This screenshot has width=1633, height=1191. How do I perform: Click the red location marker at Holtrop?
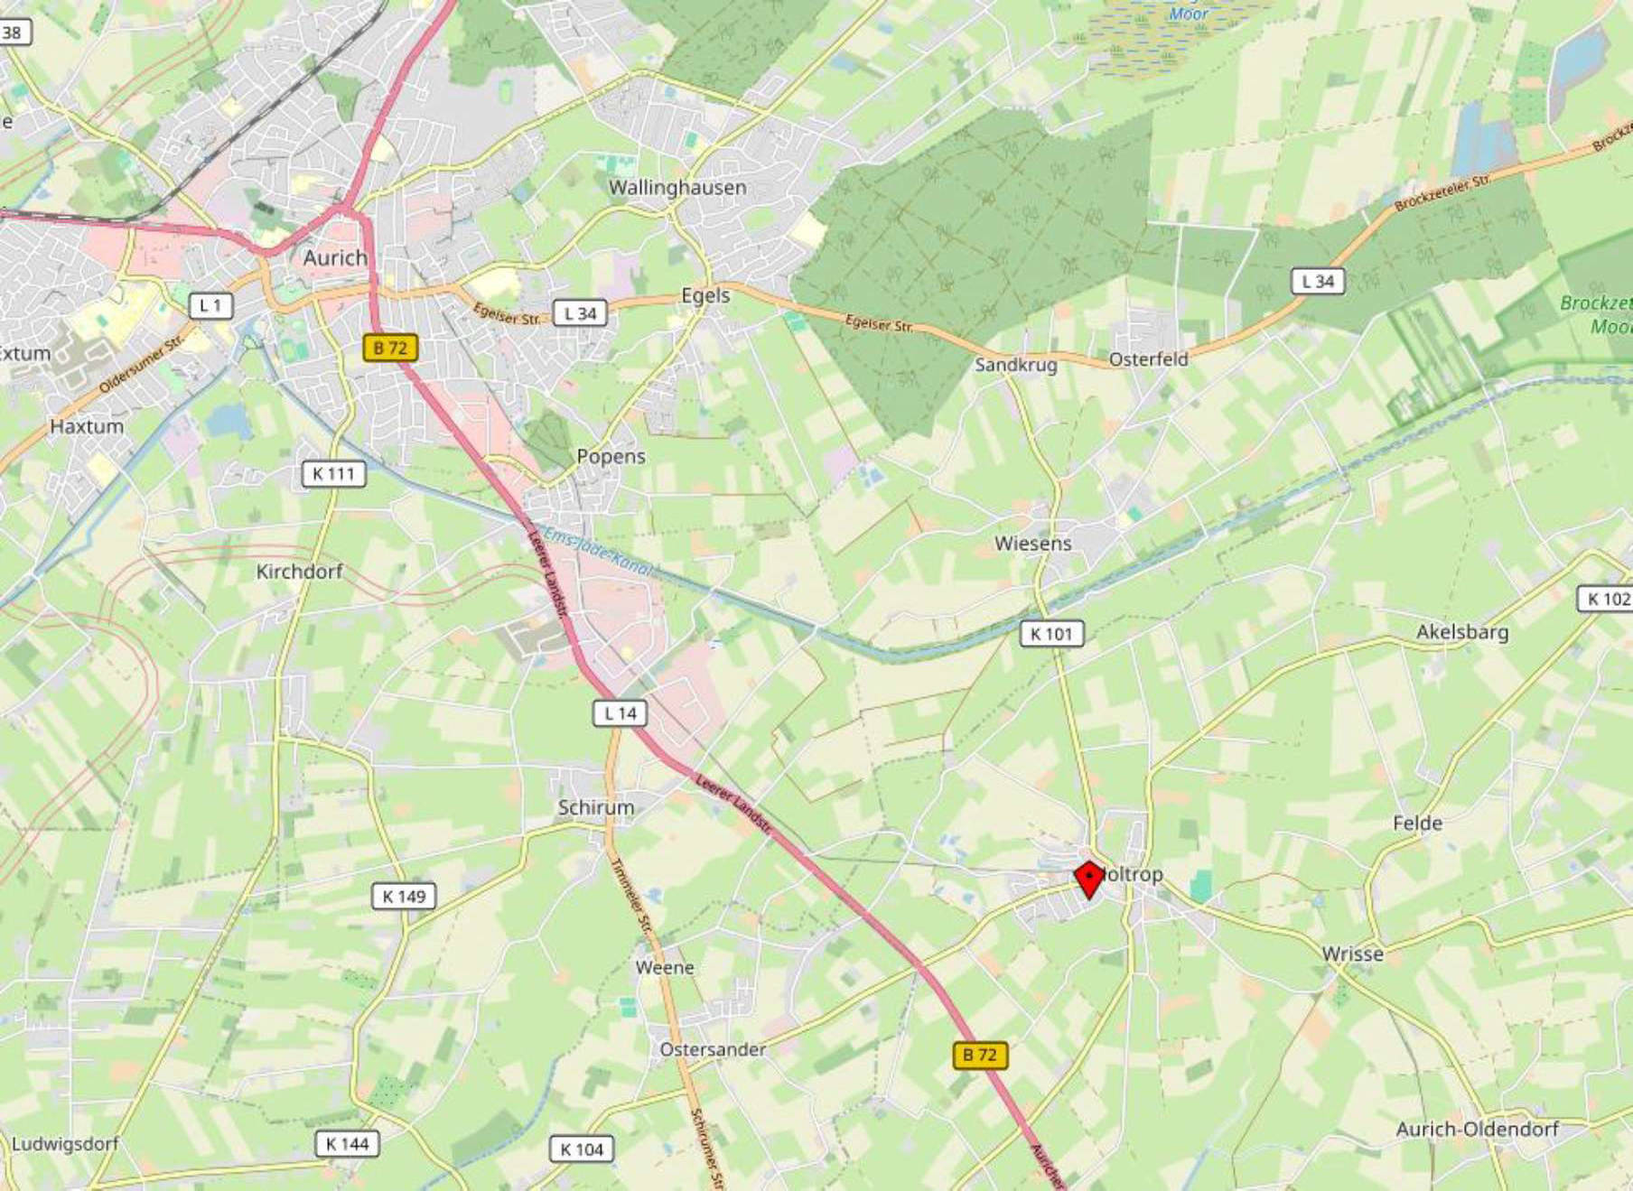tap(1089, 879)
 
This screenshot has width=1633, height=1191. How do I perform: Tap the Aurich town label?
tap(335, 258)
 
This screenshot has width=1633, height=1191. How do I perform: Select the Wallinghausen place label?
tap(677, 188)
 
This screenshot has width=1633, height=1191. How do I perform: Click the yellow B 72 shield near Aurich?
tap(390, 348)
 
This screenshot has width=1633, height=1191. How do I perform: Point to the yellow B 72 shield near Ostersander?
tap(980, 1055)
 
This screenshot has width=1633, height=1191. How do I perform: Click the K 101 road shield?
tap(1051, 634)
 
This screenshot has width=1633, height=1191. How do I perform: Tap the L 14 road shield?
tap(621, 713)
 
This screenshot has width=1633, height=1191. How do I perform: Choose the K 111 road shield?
tap(333, 473)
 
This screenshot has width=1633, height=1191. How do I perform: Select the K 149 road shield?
tap(404, 897)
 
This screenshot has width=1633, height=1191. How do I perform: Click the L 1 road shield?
tap(210, 306)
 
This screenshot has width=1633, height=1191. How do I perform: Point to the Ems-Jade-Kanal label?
tap(597, 551)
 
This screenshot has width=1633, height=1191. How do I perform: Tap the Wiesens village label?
tap(1032, 544)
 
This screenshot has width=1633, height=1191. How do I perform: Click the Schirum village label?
tap(595, 807)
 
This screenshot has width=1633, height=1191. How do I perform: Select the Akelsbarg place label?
tap(1461, 632)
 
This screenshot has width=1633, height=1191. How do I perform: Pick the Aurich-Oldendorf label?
tap(1477, 1129)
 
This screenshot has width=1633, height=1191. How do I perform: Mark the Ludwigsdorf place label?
tap(65, 1144)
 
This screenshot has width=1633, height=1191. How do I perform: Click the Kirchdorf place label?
tap(299, 572)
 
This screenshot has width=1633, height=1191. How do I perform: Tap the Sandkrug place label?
tap(1015, 365)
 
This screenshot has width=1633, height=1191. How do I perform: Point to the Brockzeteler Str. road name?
tap(1442, 193)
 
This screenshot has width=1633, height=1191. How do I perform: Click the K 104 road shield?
tap(582, 1149)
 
